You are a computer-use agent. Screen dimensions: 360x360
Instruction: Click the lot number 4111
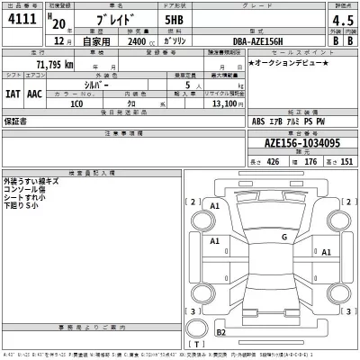(23, 20)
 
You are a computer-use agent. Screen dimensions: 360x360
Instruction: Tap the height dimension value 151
(343, 163)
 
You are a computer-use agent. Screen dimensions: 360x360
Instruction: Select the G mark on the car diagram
(283, 237)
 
